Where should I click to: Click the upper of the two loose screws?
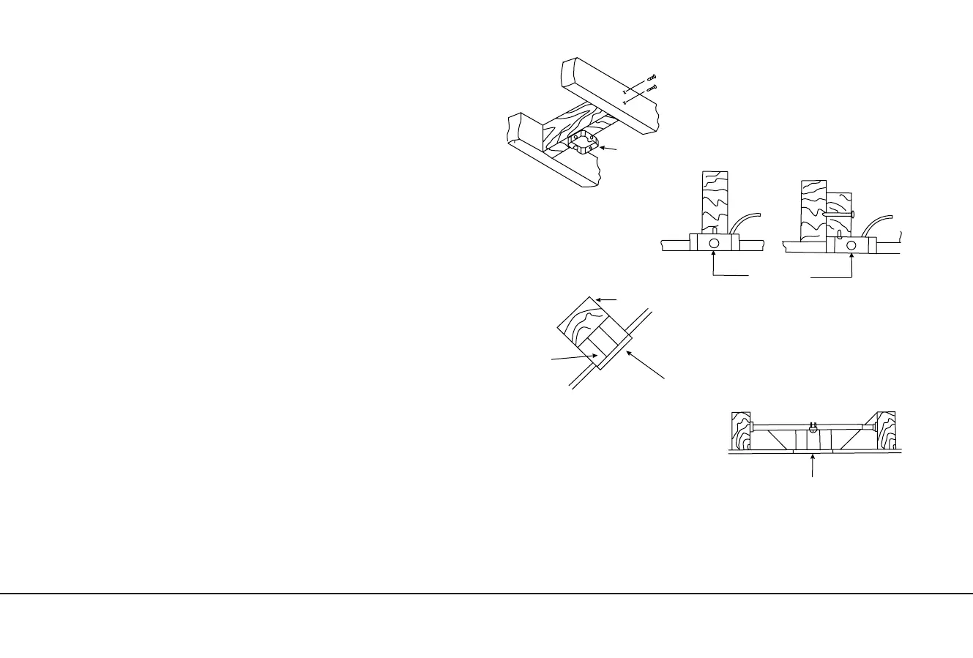[652, 77]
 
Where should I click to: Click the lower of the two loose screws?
[652, 88]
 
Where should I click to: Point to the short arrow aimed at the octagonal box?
[609, 149]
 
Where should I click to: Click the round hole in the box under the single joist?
[715, 244]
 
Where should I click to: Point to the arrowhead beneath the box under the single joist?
[715, 255]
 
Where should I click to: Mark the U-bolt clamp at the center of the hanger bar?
[813, 427]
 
